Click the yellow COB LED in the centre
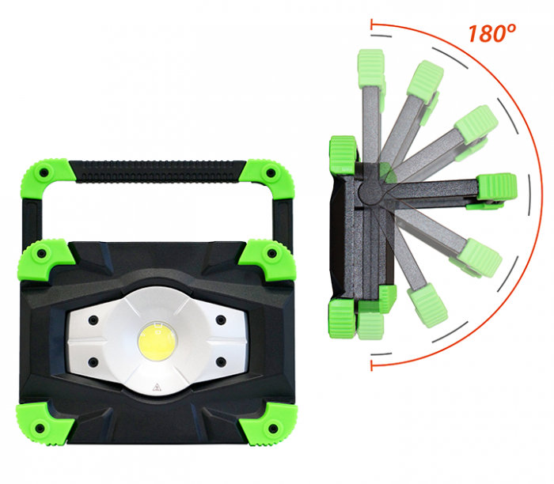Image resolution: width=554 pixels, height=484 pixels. [x=157, y=341]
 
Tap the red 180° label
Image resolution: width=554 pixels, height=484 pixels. [x=491, y=33]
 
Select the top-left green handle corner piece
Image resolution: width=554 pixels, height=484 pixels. [x=44, y=178]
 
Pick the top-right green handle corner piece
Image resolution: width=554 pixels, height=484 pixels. [x=269, y=179]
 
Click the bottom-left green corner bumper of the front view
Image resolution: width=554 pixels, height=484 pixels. [x=44, y=424]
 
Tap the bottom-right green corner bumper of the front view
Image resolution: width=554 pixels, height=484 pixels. [x=269, y=424]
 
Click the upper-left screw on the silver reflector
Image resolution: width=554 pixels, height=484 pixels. [x=93, y=320]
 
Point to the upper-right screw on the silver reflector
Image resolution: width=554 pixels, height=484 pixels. [x=221, y=320]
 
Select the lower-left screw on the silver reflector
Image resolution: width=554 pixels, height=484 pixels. [x=93, y=362]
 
